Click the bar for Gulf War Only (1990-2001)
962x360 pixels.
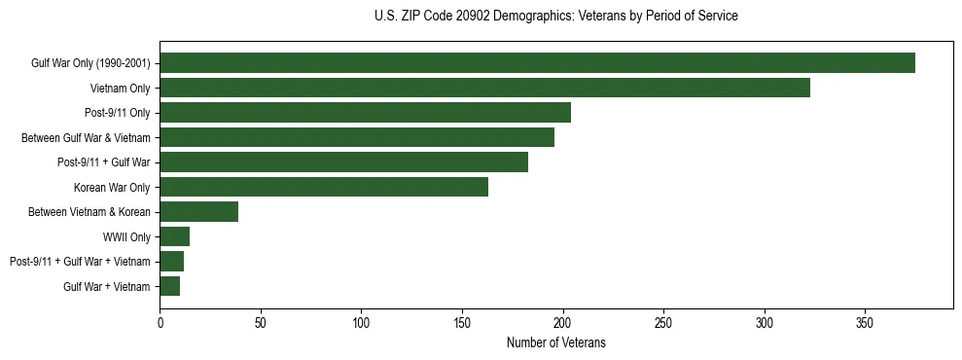[x=537, y=63]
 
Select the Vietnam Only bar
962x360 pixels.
[x=484, y=88]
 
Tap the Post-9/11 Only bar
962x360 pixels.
[x=365, y=113]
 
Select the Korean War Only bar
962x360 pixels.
[x=324, y=187]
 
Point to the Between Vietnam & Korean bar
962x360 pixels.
[x=198, y=212]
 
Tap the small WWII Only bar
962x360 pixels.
[x=174, y=236]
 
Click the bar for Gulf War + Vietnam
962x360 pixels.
[x=169, y=286]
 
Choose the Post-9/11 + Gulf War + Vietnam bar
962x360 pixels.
[x=171, y=262]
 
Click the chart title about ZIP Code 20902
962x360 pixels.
[x=555, y=17]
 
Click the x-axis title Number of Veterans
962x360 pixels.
[x=555, y=342]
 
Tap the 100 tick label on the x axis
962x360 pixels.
[x=361, y=321]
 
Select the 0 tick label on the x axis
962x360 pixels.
[x=160, y=321]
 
